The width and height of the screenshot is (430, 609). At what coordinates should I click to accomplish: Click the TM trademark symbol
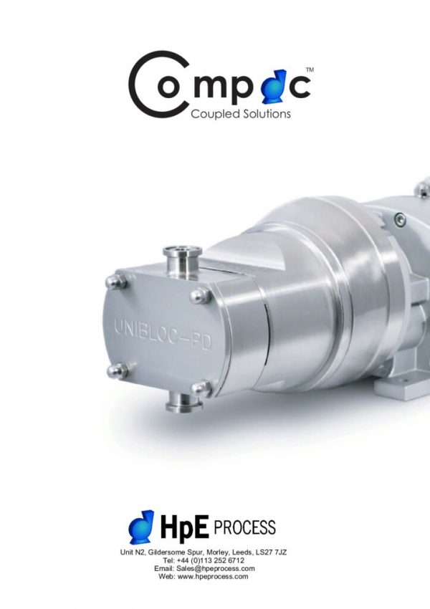(x=310, y=70)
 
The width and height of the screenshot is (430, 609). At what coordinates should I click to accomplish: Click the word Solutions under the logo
(x=267, y=114)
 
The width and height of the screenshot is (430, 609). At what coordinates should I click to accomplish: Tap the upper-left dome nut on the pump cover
(x=116, y=282)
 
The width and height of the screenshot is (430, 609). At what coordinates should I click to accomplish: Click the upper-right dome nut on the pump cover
(x=201, y=297)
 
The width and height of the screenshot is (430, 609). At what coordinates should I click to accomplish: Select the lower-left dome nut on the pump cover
(x=118, y=371)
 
